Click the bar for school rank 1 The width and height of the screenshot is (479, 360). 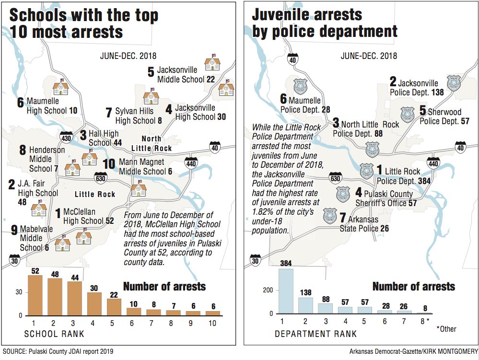pos(35,295)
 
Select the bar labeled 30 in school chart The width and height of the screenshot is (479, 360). pos(94,304)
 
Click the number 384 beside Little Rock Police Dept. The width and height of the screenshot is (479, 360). pos(410,181)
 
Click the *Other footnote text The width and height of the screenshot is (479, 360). pos(446,329)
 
